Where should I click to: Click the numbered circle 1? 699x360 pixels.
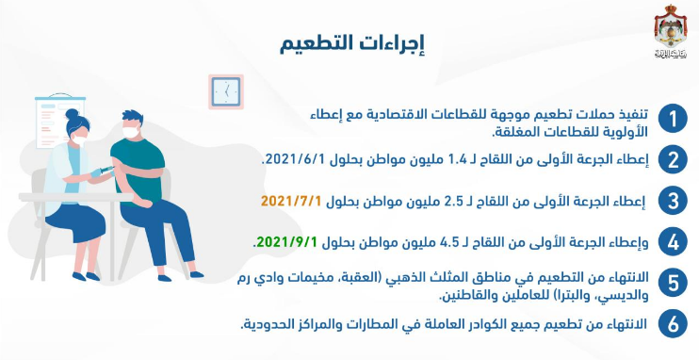[x=673, y=119]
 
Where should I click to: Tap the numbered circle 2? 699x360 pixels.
[x=673, y=159]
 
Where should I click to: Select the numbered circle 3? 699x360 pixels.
[x=673, y=201]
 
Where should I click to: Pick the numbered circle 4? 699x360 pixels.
[x=673, y=242]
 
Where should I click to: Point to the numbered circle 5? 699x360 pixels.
[x=673, y=283]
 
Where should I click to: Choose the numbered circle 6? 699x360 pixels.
[x=673, y=324]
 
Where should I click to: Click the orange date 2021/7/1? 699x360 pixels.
[x=291, y=201]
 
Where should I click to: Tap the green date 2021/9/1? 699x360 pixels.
[x=286, y=242]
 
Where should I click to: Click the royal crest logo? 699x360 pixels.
[x=671, y=31]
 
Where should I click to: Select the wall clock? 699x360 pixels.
[x=226, y=92]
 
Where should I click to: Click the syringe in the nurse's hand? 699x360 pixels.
[x=106, y=170]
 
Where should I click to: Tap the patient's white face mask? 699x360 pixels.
[x=130, y=132]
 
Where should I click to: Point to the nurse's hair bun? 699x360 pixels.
[x=72, y=114]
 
